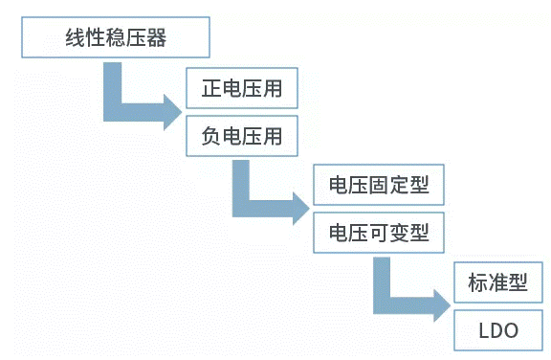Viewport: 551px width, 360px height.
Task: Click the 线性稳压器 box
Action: pyautogui.click(x=115, y=39)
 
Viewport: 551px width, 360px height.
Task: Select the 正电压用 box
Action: pyautogui.click(x=242, y=91)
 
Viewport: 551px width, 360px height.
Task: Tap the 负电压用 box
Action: pyautogui.click(x=242, y=136)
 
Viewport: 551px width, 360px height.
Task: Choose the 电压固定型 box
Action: pyautogui.click(x=379, y=185)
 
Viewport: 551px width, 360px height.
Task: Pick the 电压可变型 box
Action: pyautogui.click(x=379, y=232)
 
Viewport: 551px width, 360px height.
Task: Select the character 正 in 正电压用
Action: pyautogui.click(x=211, y=91)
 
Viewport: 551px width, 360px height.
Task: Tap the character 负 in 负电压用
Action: pyautogui.click(x=211, y=136)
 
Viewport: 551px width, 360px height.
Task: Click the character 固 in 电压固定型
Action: pyautogui.click(x=379, y=185)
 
